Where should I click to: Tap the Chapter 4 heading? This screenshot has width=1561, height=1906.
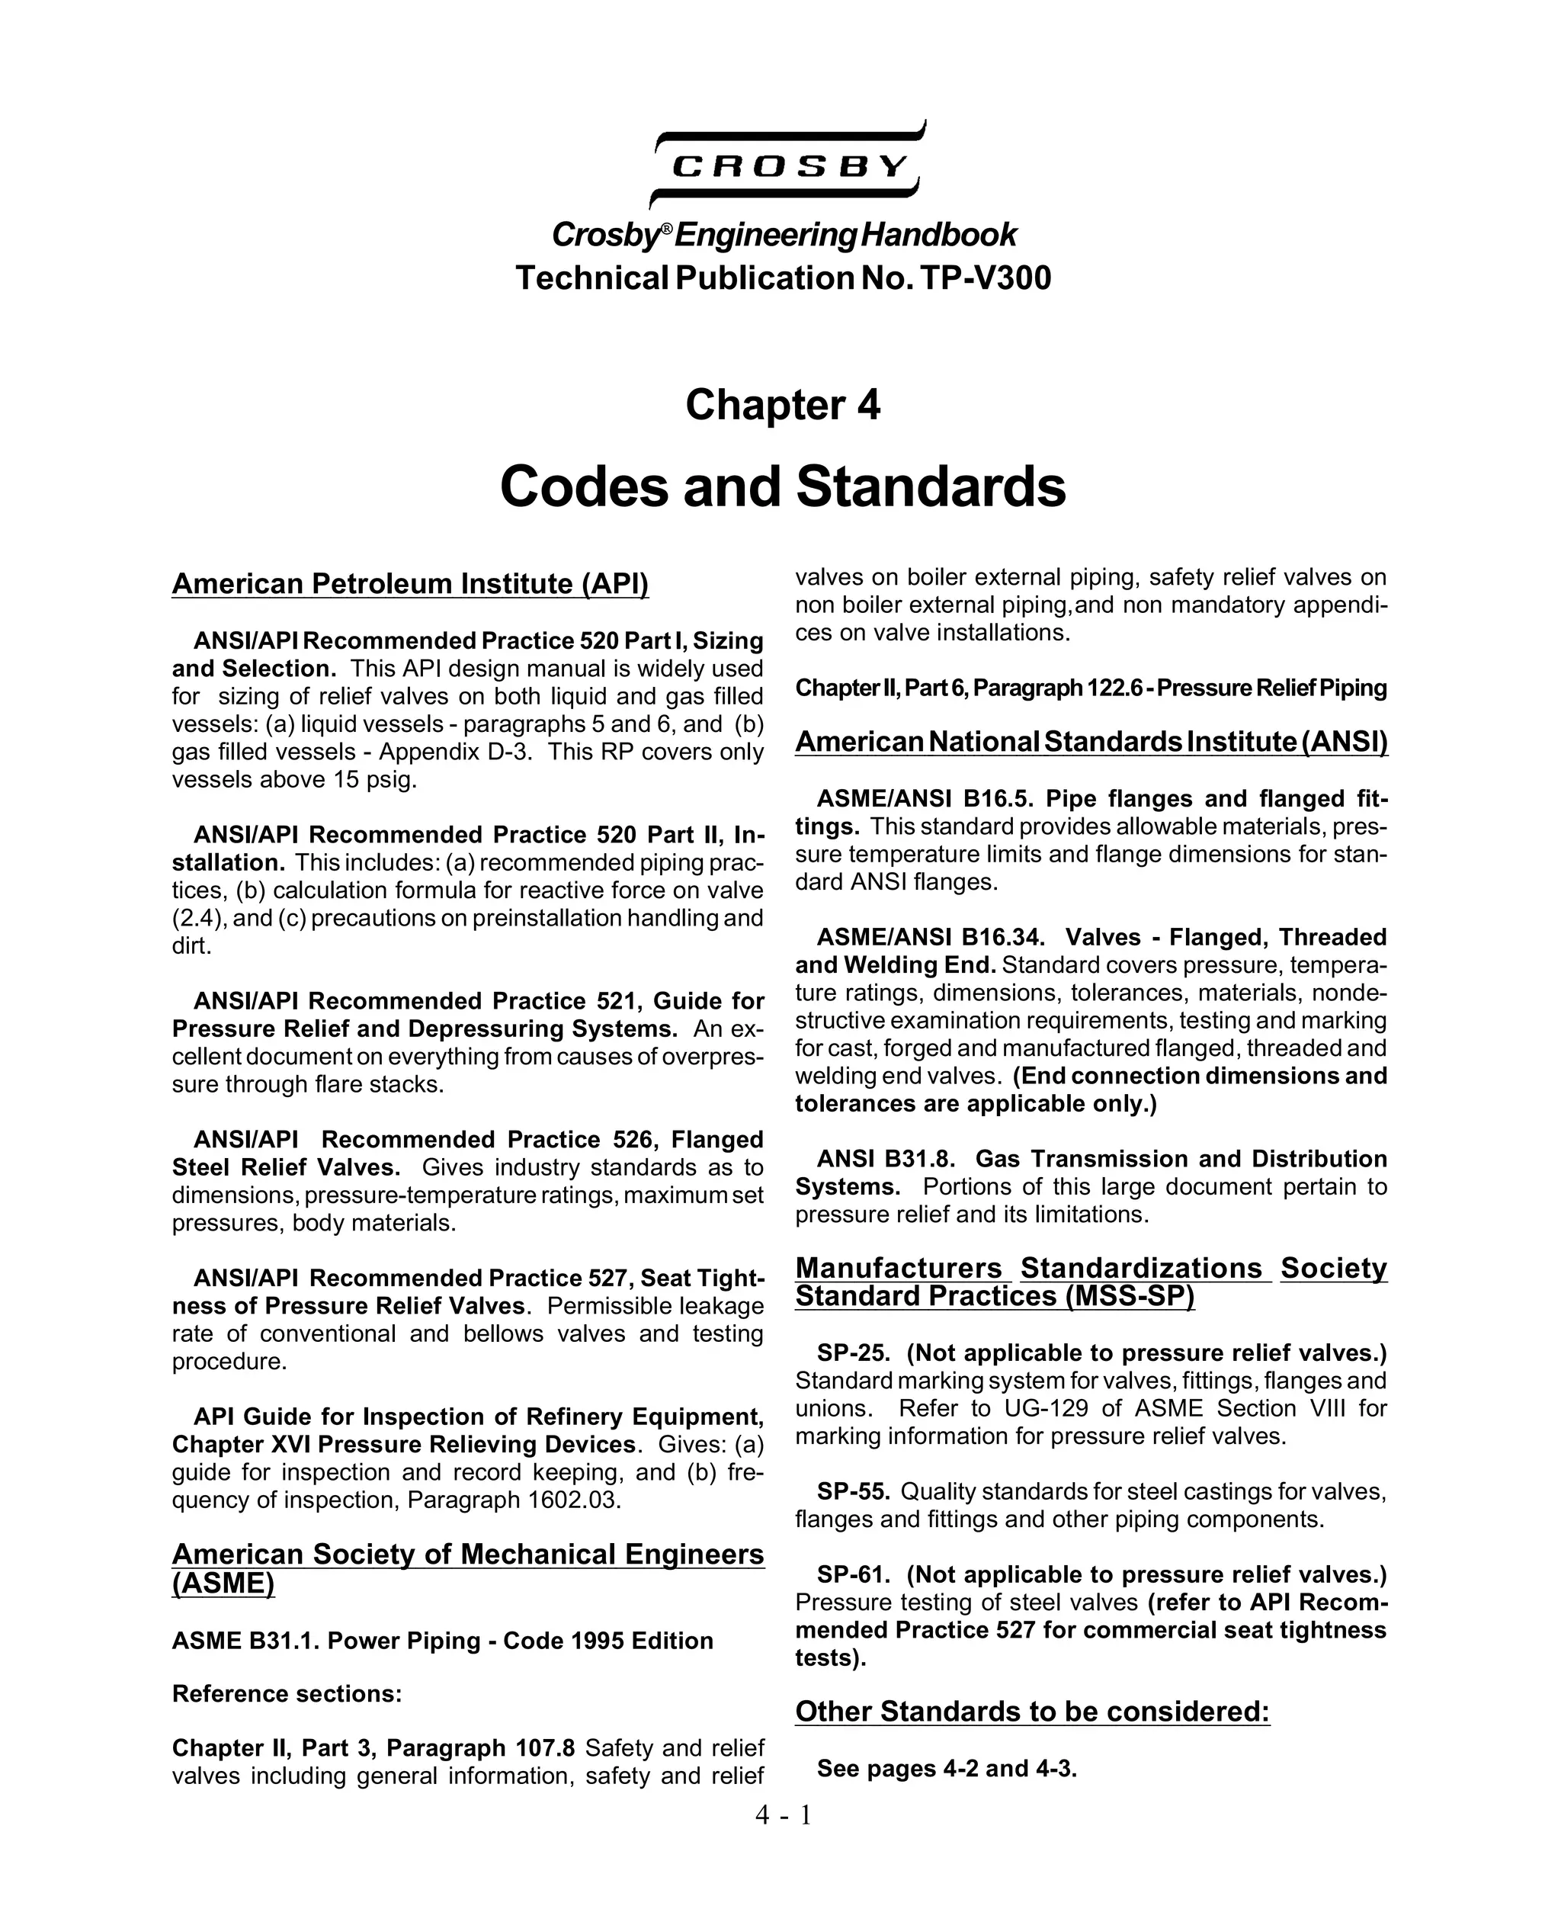point(782,405)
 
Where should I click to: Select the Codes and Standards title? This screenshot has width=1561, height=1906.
point(782,486)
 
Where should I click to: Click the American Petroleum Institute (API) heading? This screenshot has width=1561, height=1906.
point(410,584)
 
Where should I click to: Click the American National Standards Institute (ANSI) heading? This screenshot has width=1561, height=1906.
point(1091,742)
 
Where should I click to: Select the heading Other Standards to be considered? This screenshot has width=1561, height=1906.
point(1032,1711)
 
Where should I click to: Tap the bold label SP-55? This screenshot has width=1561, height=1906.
point(852,1491)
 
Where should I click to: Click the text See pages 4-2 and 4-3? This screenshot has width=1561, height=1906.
point(946,1768)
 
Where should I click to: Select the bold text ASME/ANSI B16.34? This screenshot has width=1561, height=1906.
point(930,937)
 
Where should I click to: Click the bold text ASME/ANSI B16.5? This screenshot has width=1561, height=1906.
point(925,799)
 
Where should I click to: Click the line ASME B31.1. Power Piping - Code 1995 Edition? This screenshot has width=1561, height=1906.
point(442,1641)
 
